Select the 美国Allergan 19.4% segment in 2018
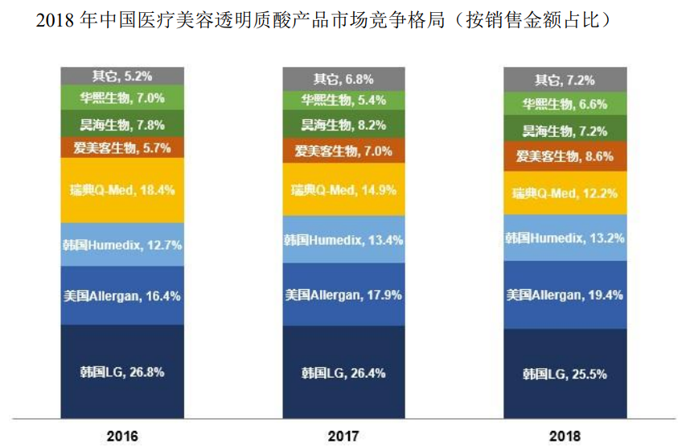[x=565, y=295]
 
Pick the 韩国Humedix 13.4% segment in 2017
[x=344, y=239]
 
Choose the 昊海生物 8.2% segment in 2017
[x=344, y=125]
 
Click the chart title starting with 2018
[x=318, y=20]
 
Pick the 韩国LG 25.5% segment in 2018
[x=565, y=374]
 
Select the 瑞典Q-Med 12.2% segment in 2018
[x=565, y=193]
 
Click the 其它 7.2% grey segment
[x=565, y=80]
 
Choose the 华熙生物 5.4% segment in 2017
[x=344, y=101]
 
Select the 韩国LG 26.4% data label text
[x=344, y=373]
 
